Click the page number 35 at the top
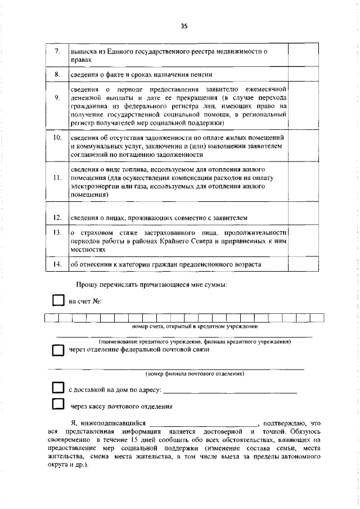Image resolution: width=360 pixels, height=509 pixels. coord(183,25)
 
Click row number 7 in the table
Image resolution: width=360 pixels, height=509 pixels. coord(57,52)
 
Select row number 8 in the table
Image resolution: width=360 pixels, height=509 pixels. coord(57,74)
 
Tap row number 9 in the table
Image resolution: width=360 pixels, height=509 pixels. coord(57,97)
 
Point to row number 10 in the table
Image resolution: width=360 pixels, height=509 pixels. coord(57,137)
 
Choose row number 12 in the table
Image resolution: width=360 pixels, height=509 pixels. coord(57,217)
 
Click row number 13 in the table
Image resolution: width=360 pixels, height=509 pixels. coord(57,232)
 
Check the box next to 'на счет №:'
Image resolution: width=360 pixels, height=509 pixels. coord(58,300)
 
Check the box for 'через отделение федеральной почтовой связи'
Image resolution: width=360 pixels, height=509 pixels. coord(58,350)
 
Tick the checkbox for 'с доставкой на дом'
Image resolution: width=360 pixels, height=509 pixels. coord(58,388)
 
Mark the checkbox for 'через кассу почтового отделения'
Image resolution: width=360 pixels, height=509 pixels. coord(58,405)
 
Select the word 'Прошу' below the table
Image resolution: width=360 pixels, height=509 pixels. coord(87,285)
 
